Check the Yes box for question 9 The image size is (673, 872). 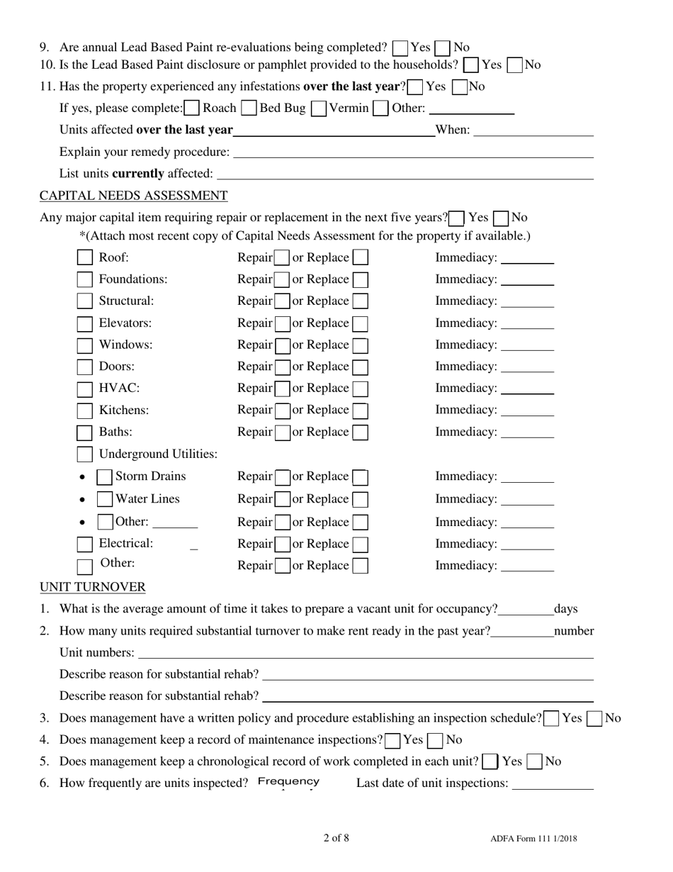pos(400,48)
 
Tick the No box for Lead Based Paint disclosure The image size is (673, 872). pos(516,65)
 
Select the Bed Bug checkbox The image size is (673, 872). pos(249,108)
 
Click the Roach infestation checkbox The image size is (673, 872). pos(191,108)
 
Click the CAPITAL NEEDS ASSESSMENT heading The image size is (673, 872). pos(133,196)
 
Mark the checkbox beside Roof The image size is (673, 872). pos(85,258)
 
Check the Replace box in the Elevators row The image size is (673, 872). pos(360,323)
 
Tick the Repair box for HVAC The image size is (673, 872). pos(282,389)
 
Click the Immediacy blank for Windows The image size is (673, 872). pos(527,346)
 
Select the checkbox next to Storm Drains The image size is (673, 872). pos(105,476)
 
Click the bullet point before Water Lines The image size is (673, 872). pos(83,500)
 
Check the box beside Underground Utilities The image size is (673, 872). pos(85,454)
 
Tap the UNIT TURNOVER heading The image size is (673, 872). pos(92,587)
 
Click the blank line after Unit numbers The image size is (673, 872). pos(366,654)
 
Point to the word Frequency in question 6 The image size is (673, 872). pos(288,782)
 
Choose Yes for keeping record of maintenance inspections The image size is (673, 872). pos(393,741)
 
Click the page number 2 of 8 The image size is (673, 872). pos(336,838)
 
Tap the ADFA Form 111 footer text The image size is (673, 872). pos(533,839)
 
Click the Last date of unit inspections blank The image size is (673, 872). pos(552,784)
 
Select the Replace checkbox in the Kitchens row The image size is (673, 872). pos(360,410)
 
